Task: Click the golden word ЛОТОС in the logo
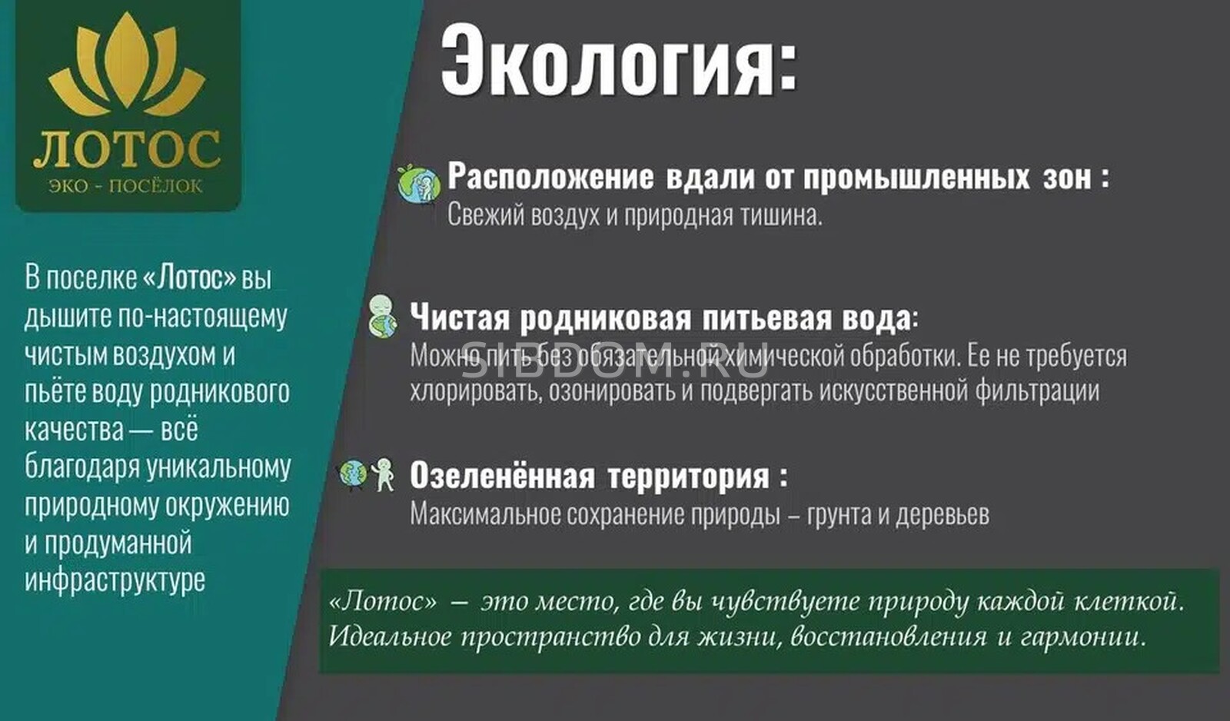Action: pyautogui.click(x=127, y=149)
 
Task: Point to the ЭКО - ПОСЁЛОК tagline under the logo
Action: pyautogui.click(x=126, y=186)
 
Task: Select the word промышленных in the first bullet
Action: pyautogui.click(x=916, y=177)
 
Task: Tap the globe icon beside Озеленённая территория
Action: pyautogui.click(x=353, y=474)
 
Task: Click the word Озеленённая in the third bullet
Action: pyautogui.click(x=503, y=476)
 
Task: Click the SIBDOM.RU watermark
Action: pyautogui.click(x=614, y=360)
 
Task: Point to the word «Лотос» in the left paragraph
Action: pyautogui.click(x=189, y=277)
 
